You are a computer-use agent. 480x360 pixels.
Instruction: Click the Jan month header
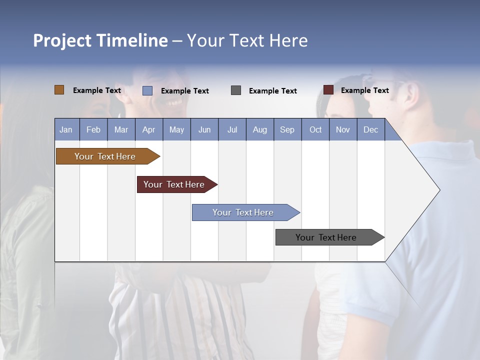[x=66, y=129]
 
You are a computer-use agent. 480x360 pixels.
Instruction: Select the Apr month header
[x=148, y=129]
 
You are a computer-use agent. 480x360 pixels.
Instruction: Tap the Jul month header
[x=232, y=129]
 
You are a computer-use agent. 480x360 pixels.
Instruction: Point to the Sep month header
[x=287, y=129]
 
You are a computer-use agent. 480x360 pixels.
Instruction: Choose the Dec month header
[x=370, y=129]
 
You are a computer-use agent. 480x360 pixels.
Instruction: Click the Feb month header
[x=93, y=129]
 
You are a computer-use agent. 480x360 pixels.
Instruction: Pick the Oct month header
[x=315, y=129]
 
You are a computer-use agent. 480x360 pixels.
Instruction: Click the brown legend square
[x=59, y=90]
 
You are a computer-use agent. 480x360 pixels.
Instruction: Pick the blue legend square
[x=147, y=90]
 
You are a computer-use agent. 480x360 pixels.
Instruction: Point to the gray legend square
[x=236, y=90]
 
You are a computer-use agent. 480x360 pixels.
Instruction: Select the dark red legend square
[x=328, y=90]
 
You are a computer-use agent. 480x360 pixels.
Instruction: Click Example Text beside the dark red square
[x=364, y=90]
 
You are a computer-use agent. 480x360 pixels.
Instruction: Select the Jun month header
[x=204, y=129]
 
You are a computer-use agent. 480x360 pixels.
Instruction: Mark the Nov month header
[x=343, y=129]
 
